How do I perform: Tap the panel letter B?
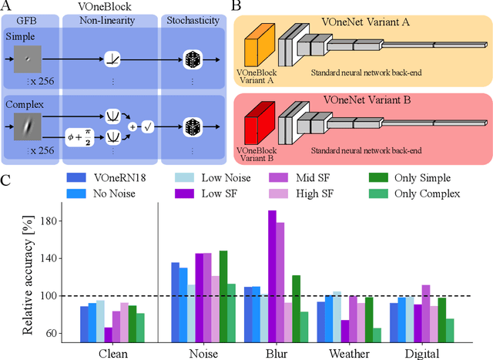click(x=238, y=7)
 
